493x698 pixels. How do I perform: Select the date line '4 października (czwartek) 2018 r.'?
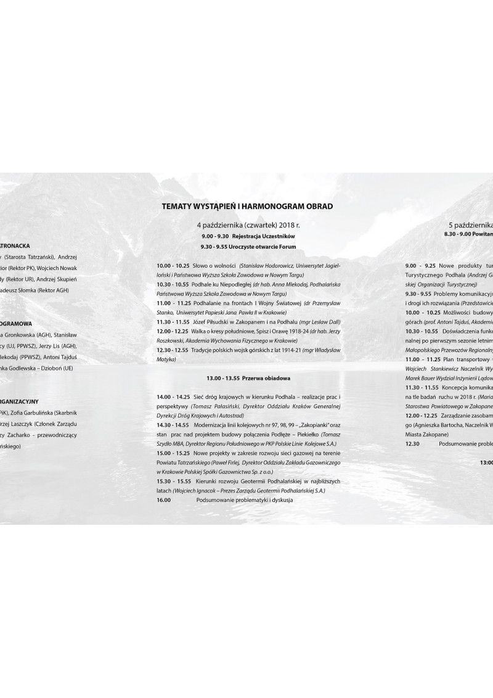point(245,226)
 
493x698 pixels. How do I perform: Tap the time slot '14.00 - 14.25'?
point(174,395)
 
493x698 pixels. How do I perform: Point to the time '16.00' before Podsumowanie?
point(163,500)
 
